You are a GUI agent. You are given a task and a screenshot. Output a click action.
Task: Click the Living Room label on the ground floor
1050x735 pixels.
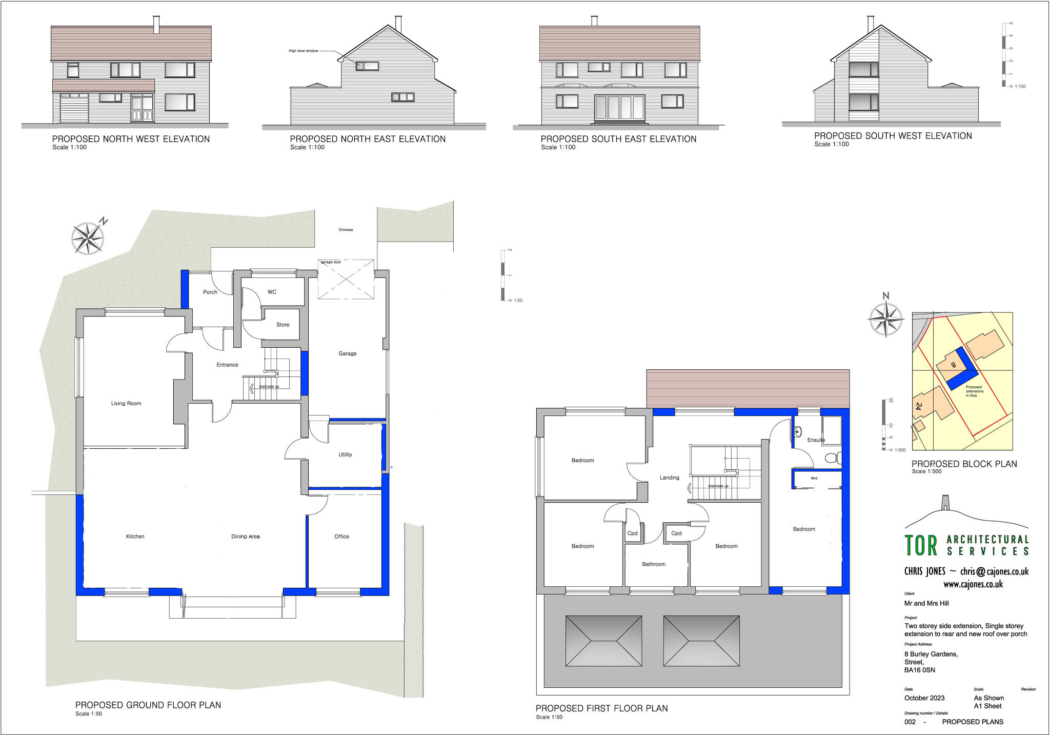(x=126, y=404)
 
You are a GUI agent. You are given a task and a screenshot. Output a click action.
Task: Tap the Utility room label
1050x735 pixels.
(x=345, y=454)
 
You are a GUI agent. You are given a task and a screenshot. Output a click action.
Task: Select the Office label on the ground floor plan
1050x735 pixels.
(x=341, y=537)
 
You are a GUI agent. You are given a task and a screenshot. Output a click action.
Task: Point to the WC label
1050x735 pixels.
(x=272, y=292)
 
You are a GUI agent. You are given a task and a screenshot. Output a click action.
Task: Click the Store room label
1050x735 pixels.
(x=282, y=325)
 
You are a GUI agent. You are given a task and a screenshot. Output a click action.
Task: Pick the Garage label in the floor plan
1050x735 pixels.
(x=347, y=353)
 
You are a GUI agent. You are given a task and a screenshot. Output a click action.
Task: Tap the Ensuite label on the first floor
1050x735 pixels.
(x=816, y=440)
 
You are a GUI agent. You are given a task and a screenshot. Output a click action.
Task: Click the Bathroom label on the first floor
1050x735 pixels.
(x=654, y=564)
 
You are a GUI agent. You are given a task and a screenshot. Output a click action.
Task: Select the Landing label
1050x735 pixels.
(x=669, y=478)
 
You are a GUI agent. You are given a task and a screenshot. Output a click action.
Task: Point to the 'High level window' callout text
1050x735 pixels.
(x=303, y=51)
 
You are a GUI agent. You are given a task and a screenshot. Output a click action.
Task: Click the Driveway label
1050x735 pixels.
(x=346, y=230)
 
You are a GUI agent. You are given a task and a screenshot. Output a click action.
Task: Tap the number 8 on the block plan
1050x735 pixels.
(x=953, y=365)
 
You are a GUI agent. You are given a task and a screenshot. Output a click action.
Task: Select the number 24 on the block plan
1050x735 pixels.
(x=918, y=406)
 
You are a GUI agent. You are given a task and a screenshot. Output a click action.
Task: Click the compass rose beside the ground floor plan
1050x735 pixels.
(x=88, y=238)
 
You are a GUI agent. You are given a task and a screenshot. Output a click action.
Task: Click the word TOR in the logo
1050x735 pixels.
(x=921, y=546)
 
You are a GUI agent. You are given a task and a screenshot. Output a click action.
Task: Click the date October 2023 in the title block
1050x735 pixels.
(x=924, y=698)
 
